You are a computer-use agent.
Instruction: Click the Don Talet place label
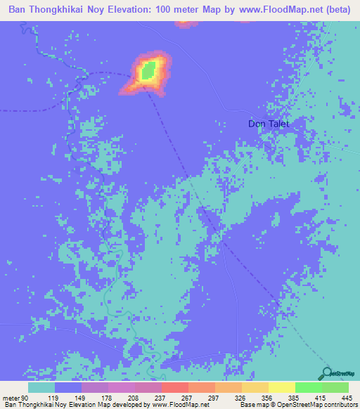click(269, 124)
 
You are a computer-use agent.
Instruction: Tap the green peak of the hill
click(148, 70)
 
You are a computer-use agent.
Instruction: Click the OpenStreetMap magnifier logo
click(327, 373)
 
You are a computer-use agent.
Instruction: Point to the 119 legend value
click(52, 398)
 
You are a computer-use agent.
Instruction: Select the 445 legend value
click(345, 398)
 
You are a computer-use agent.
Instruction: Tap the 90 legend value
click(26, 398)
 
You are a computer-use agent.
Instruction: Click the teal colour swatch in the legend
click(41, 387)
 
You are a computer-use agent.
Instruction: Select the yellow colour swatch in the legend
click(281, 387)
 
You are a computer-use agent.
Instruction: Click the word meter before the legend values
click(11, 398)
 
